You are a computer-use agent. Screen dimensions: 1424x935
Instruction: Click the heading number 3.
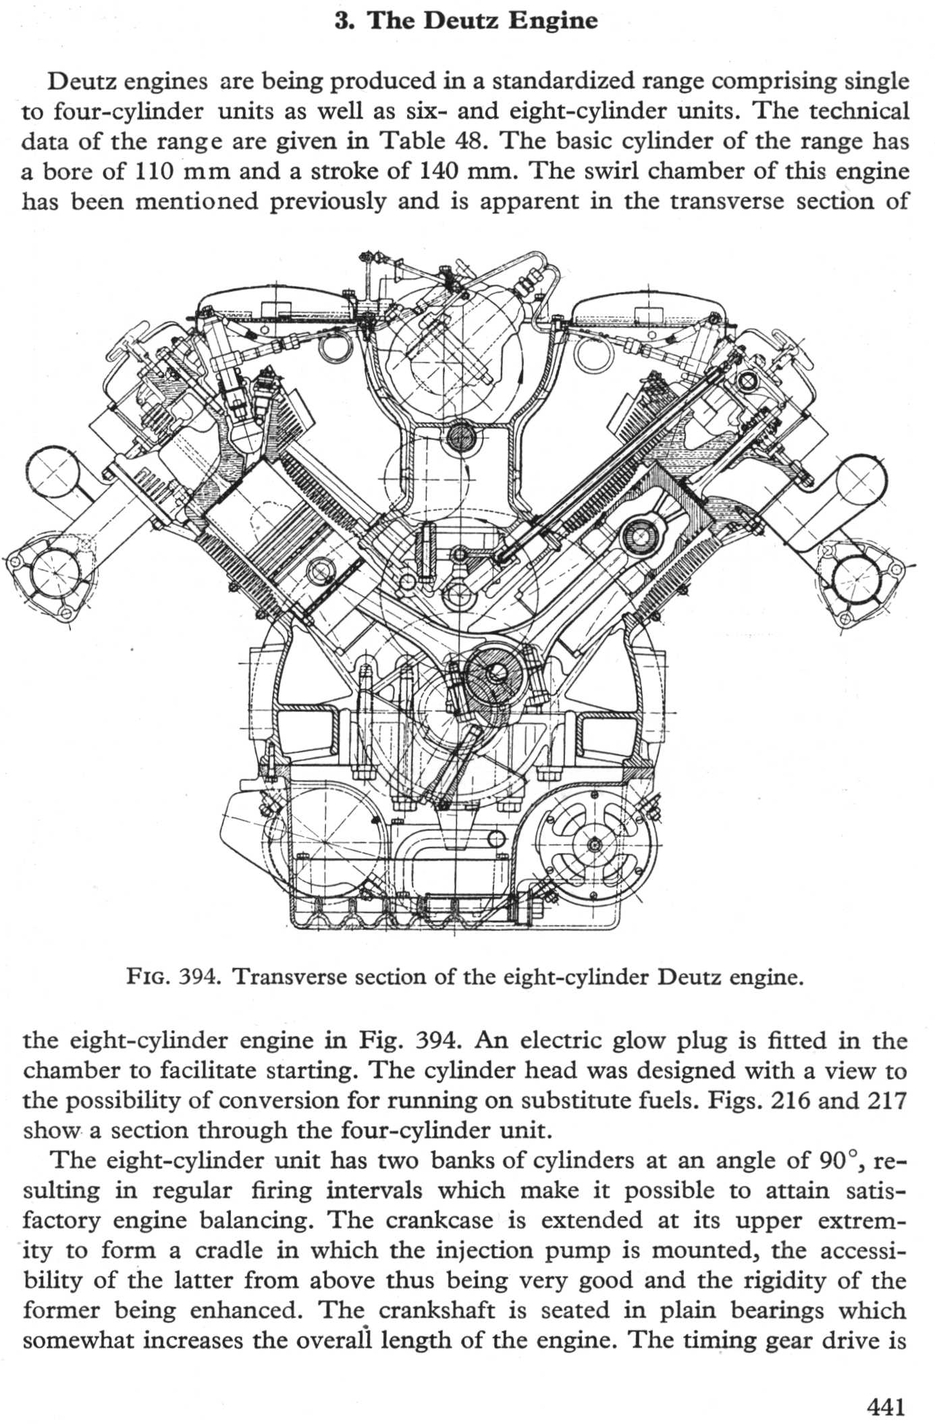(341, 21)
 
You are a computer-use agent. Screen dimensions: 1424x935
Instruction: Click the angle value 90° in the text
(838, 1160)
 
